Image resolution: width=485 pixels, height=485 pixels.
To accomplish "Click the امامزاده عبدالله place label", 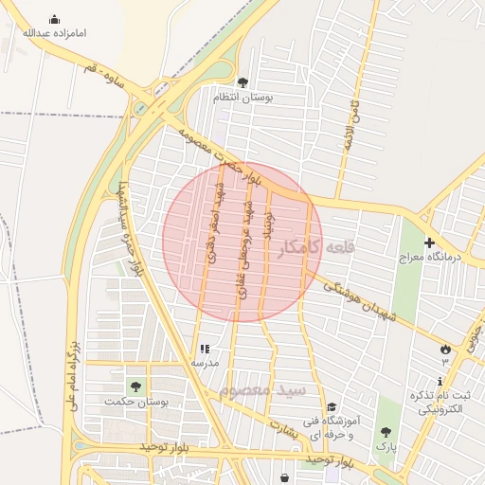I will tap(54, 33).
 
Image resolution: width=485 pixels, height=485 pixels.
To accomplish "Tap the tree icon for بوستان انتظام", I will tap(242, 82).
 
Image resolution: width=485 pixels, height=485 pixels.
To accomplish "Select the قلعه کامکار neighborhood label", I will tap(318, 247).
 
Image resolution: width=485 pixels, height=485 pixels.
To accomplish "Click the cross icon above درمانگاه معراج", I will tap(429, 242).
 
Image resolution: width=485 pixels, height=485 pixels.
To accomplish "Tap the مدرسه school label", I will tap(205, 363).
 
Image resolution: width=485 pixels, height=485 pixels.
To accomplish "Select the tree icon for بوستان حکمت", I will tap(135, 387).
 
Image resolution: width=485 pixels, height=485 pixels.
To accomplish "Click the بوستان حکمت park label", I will tap(137, 403).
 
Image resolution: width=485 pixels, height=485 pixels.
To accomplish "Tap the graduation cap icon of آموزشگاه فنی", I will tap(331, 406).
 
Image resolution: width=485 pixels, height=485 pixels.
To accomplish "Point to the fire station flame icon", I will tap(444, 350).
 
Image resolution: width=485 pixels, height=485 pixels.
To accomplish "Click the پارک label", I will tap(386, 444).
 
